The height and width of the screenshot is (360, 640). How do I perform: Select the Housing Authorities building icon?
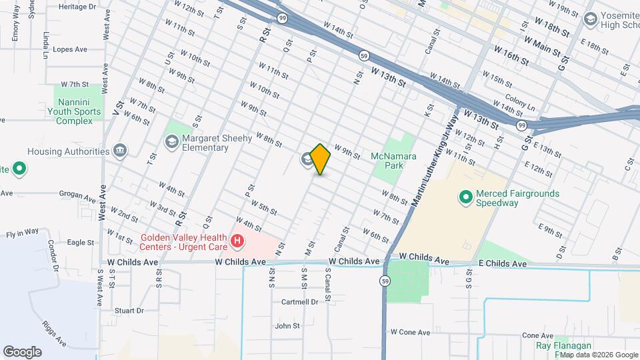[120, 151]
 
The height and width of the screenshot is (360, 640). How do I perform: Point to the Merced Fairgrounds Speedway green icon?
[465, 197]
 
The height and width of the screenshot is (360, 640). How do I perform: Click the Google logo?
[22, 352]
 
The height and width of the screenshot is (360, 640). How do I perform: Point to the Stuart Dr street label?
[129, 311]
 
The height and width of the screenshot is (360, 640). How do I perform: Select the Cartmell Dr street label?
[299, 302]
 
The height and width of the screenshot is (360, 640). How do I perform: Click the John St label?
[287, 326]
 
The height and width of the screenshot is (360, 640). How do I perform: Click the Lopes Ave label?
[70, 49]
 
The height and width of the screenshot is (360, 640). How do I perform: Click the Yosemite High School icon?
[589, 19]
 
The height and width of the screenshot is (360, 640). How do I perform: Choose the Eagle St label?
[81, 243]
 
